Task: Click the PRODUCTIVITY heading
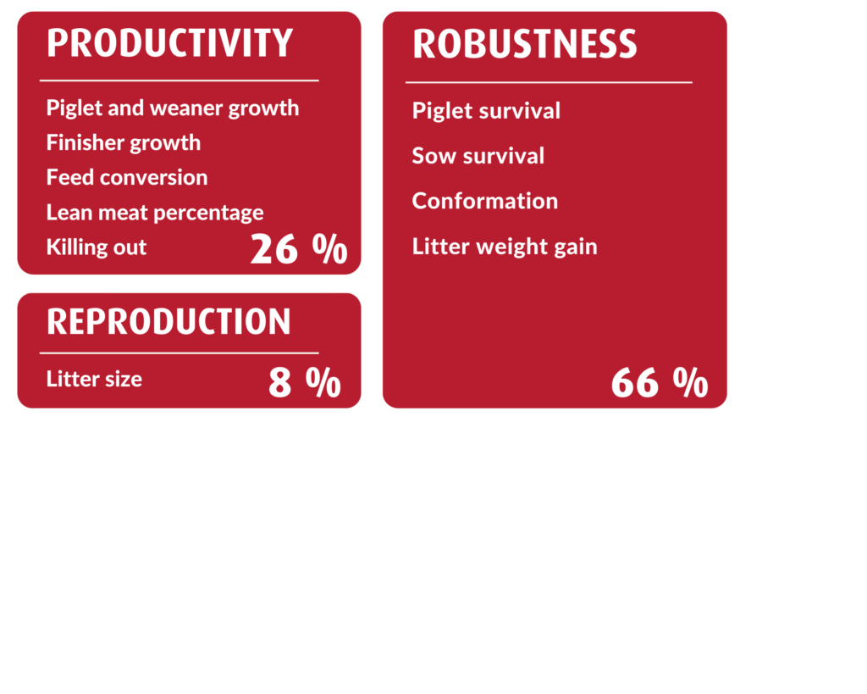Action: tap(169, 42)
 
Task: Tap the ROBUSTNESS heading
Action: tap(525, 44)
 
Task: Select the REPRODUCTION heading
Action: tap(168, 321)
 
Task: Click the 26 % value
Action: tap(299, 248)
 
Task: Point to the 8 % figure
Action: tap(305, 382)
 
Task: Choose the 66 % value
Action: tap(660, 382)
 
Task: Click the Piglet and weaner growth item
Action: tap(173, 108)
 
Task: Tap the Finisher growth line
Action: tap(124, 143)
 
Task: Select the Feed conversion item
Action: tap(127, 177)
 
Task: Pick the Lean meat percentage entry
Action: tap(155, 213)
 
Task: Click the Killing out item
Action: tap(97, 247)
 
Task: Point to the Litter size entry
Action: tap(94, 379)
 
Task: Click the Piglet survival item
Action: tap(486, 111)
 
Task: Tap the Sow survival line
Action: tap(478, 156)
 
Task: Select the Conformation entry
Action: tap(485, 201)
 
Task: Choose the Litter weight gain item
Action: tap(505, 247)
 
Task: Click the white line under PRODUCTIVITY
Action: tap(179, 81)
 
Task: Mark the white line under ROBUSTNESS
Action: tap(549, 82)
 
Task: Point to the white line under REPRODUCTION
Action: tap(179, 353)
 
